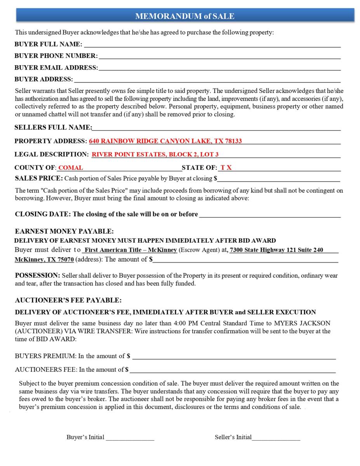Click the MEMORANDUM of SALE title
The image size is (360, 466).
click(185, 16)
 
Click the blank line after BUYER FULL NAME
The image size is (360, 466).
click(212, 45)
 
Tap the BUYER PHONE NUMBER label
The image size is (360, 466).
click(56, 56)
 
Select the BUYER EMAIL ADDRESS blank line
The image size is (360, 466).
click(219, 68)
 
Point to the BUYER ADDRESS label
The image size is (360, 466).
click(43, 79)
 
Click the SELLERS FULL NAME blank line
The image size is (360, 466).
click(216, 128)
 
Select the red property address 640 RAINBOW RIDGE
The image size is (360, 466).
click(165, 141)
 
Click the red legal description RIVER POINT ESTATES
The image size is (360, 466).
click(155, 154)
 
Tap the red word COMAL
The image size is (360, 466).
click(70, 168)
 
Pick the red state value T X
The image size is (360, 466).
click(226, 168)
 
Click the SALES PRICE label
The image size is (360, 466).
click(38, 178)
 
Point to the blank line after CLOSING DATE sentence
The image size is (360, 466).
click(270, 214)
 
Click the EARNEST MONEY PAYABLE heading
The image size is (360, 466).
click(64, 231)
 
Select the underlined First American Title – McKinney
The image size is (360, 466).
click(130, 250)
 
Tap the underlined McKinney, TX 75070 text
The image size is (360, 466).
click(44, 259)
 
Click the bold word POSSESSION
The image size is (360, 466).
click(37, 275)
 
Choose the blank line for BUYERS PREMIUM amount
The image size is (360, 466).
click(234, 356)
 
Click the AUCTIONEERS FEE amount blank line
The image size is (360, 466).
click(233, 370)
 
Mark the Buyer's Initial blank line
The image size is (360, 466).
click(130, 438)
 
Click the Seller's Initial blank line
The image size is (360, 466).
click(276, 438)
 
